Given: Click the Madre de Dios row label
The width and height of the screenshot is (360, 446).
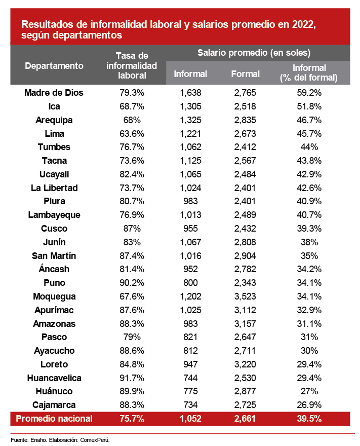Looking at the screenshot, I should tap(54, 93).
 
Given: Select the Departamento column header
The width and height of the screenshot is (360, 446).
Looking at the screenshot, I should tap(54, 66).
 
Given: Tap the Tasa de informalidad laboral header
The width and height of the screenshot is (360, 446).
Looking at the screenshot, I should tap(132, 66).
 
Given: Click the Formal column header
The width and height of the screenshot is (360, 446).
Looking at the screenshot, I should tap(245, 74).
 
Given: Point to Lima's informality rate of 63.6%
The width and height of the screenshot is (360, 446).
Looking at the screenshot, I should tap(132, 134).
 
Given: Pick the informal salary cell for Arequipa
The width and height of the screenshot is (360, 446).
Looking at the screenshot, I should tap(190, 120).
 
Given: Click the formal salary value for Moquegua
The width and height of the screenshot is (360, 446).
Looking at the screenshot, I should tap(245, 296).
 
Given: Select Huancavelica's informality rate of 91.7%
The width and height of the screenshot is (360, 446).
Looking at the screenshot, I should tap(132, 378).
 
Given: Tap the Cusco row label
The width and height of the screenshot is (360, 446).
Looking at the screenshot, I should tap(54, 229).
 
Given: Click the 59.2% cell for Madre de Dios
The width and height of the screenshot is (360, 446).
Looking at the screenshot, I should tap(308, 93).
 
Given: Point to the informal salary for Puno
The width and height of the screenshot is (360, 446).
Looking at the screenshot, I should tap(190, 283).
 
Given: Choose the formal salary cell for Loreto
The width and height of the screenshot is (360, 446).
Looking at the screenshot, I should tap(245, 364).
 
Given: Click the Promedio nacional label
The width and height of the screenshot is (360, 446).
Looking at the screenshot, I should tap(54, 419).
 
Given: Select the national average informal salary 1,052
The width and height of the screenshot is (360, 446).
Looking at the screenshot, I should tap(190, 419).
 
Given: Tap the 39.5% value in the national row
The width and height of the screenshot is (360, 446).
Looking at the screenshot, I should tap(308, 419).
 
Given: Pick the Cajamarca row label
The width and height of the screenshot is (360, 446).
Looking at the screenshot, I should tap(54, 405).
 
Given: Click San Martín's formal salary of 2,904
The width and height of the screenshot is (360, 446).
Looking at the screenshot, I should tap(245, 255).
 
